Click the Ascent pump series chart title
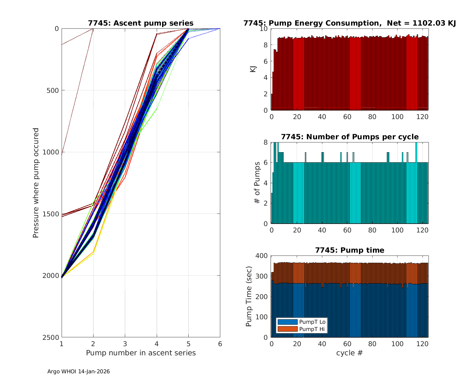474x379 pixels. pos(141,23)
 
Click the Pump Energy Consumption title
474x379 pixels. pos(349,23)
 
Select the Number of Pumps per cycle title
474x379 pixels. pos(349,137)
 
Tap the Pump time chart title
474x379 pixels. pos(349,250)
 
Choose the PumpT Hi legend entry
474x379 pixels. pos(312,329)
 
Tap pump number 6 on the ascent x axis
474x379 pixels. pos(220,344)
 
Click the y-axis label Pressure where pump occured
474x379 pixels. pos(36,183)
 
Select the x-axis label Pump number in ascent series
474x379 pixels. pos(141,353)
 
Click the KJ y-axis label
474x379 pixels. pos(253,69)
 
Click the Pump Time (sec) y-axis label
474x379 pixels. pos(249,297)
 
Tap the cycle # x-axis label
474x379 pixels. pos(349,353)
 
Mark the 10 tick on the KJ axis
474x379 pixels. pos(264,29)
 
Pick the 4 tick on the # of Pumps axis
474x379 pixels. pos(265,183)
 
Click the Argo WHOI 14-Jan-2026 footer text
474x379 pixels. pos(79,372)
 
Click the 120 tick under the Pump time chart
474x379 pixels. pos(423,344)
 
